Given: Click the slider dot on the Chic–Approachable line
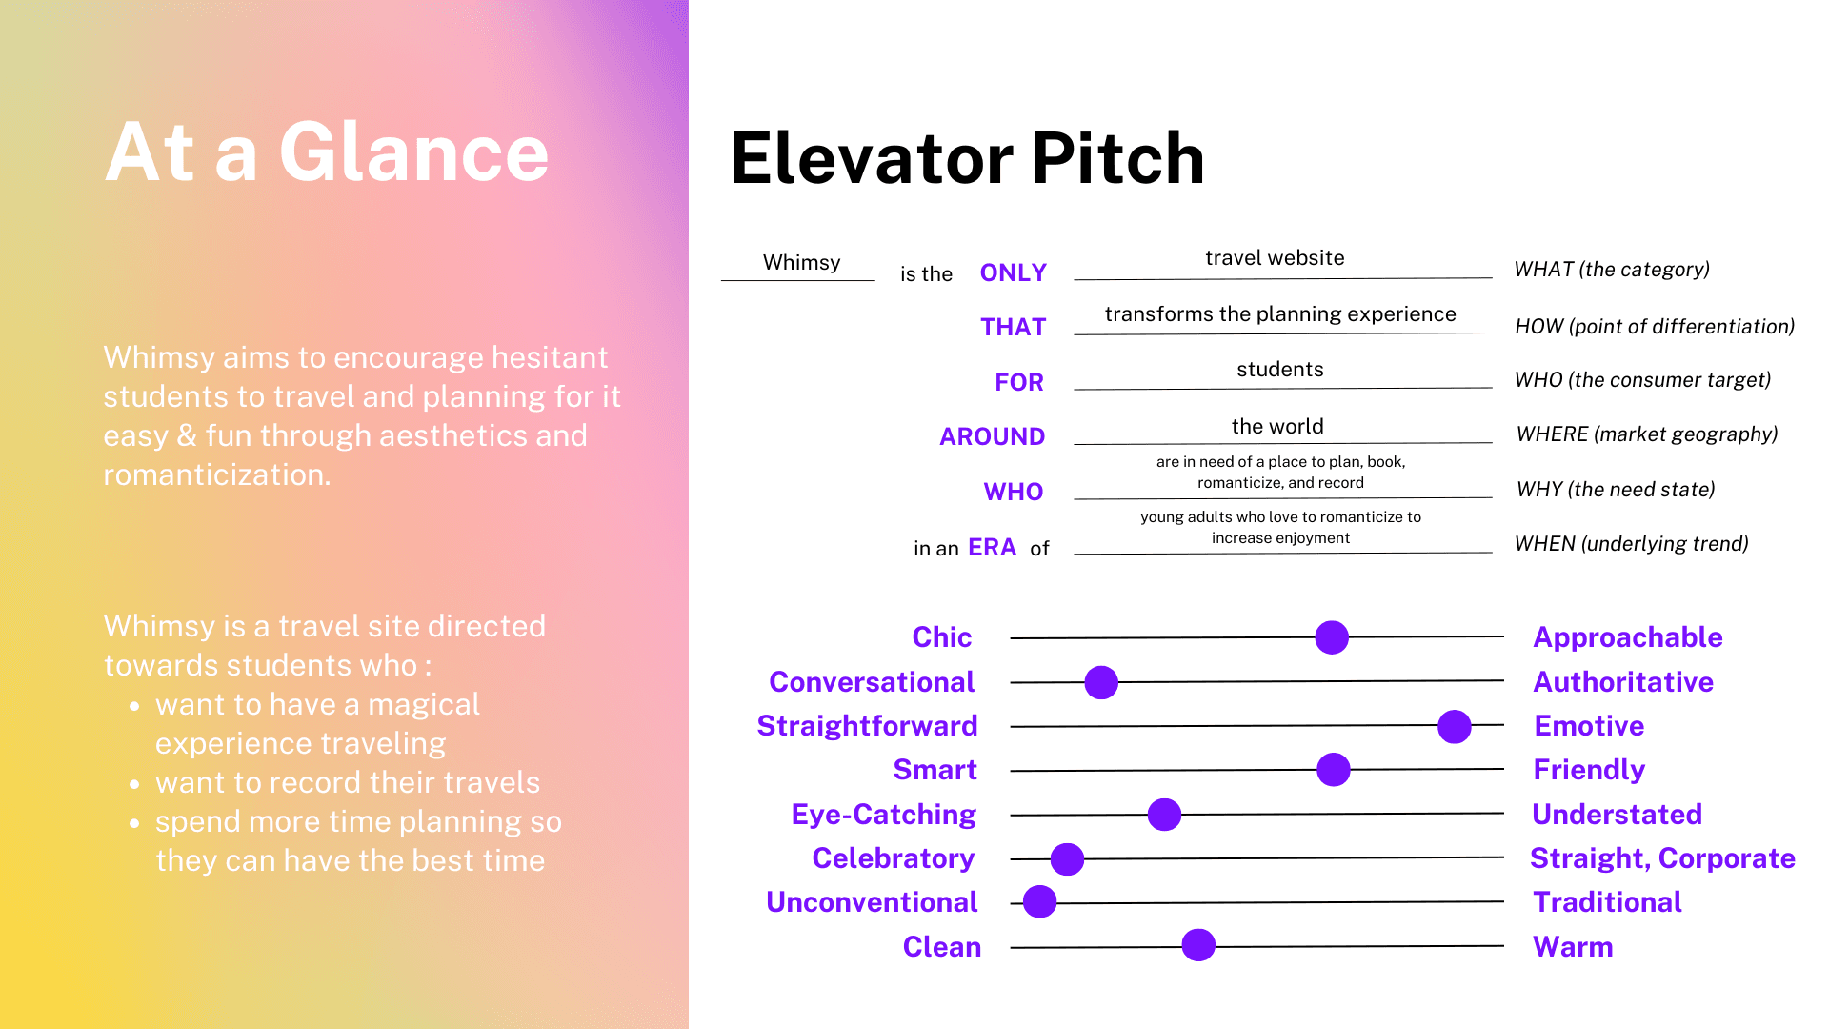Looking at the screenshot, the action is (1332, 637).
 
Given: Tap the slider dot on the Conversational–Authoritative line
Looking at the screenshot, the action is (1101, 682).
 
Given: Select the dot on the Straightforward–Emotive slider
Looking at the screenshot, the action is (1454, 726).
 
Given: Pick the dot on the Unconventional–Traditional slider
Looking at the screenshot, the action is (1039, 901).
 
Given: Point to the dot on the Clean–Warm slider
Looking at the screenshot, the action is (1198, 945).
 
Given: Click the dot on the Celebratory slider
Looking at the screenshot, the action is (1067, 858).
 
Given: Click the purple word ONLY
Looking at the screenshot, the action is (1014, 272).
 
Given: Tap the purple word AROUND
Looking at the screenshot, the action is (993, 436).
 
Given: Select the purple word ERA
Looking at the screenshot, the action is (993, 548).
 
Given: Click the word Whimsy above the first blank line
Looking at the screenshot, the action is (802, 263).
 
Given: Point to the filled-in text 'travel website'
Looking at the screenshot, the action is (1275, 258).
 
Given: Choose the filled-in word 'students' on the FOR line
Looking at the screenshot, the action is (1280, 370).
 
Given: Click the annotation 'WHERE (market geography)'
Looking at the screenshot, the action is (1647, 434).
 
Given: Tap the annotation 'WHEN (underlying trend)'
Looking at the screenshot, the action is (1632, 544).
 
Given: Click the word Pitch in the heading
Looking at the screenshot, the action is (1118, 158).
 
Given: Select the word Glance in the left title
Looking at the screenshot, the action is (414, 152).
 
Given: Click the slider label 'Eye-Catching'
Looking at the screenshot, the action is (884, 815).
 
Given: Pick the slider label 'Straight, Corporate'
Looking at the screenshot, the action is (1662, 858).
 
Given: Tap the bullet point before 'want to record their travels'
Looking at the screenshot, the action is (135, 784).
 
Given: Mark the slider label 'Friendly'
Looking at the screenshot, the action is (1589, 770).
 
